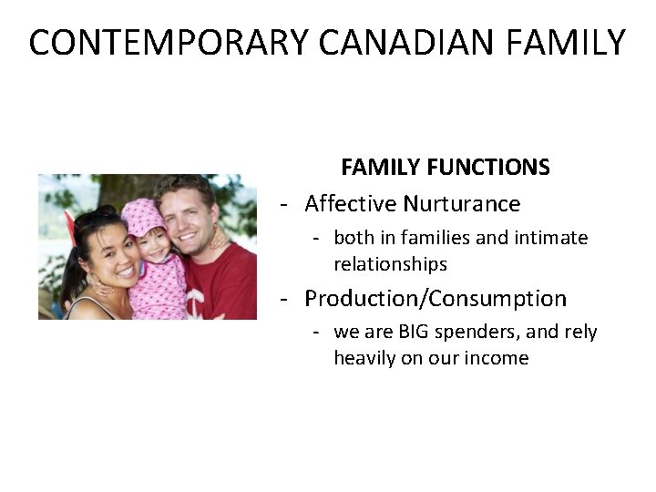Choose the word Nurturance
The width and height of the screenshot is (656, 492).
pos(462,203)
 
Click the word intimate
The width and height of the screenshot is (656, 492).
pos(550,238)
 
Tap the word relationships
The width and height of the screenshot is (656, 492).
pos(390,264)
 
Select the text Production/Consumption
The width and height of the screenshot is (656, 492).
pos(436,298)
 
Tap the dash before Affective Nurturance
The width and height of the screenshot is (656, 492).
pos(285,203)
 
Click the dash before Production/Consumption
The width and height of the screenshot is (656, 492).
pos(285,298)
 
